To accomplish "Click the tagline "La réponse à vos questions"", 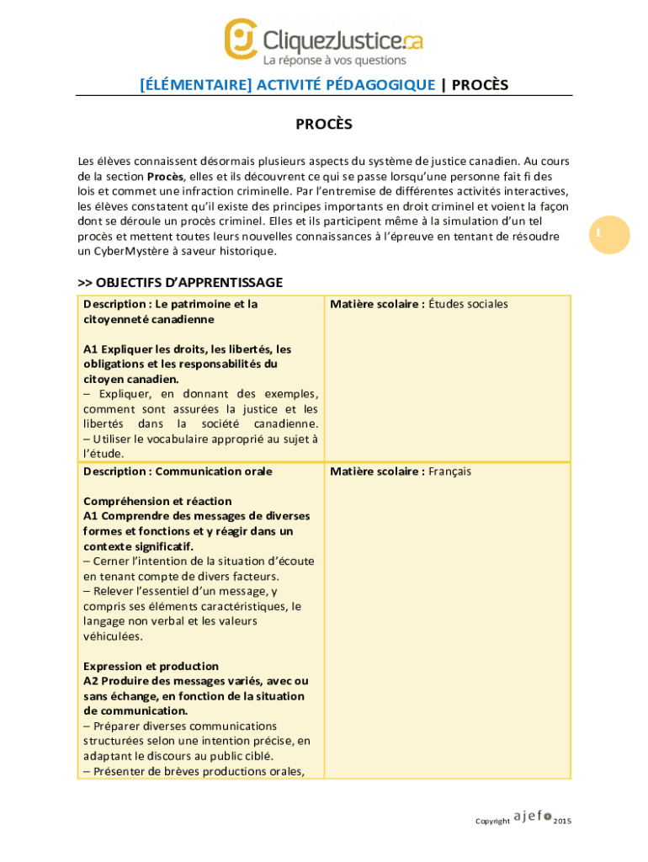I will [x=334, y=61].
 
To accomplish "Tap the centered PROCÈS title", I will [x=323, y=125].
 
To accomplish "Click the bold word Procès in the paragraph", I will [x=165, y=177].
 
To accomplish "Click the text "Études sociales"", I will [x=468, y=304].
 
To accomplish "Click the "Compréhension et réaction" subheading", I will [x=157, y=502].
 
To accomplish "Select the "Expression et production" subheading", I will [x=151, y=666].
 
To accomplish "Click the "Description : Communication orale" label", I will [x=178, y=471].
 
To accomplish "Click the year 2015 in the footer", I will [x=562, y=821].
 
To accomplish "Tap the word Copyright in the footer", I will [x=492, y=821].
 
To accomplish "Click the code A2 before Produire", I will [x=91, y=681].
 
